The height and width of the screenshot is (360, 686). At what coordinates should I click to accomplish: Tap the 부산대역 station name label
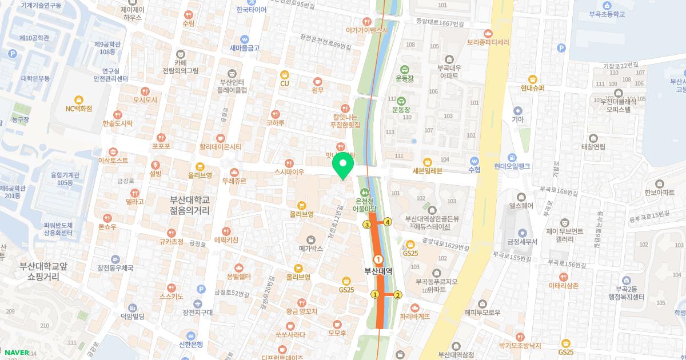pos(378,271)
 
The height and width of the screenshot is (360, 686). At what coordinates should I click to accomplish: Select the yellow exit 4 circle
pos(388,222)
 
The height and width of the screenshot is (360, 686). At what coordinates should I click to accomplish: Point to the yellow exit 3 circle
pos(366,225)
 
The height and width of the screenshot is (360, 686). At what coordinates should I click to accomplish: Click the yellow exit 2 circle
pos(398,295)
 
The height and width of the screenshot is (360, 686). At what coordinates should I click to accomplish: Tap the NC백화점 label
pos(79,108)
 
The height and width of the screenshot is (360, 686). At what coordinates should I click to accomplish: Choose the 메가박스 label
pos(311,249)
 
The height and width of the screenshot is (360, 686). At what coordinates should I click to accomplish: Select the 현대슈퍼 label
pos(533,88)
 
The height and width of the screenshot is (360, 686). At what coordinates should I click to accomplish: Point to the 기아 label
pos(518,119)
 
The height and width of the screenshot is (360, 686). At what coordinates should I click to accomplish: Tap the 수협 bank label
pos(474,170)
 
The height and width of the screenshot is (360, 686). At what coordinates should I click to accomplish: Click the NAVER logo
pos(15,353)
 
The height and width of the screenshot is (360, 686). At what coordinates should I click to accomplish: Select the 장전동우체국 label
pos(115,267)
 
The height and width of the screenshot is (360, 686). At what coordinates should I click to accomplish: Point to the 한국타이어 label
pos(252,10)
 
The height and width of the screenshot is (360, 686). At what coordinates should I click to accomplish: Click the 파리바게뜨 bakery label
pos(415,316)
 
